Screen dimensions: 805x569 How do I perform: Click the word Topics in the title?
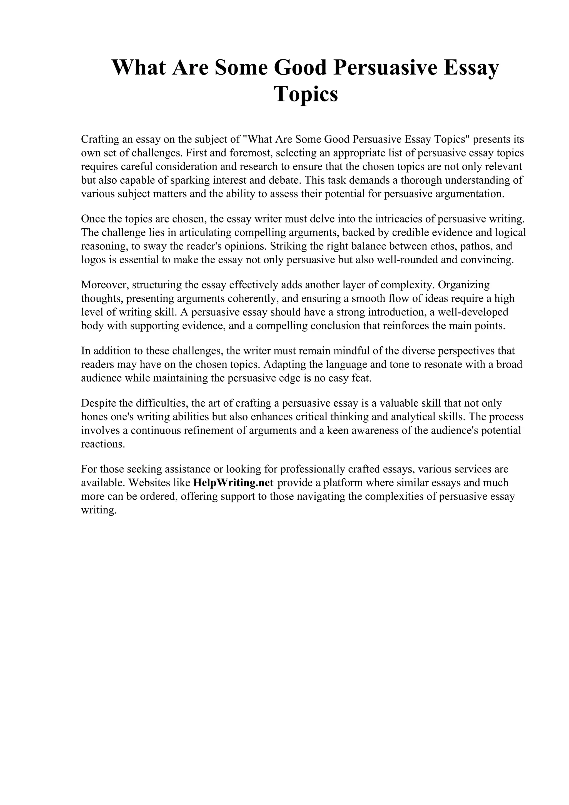coord(306,94)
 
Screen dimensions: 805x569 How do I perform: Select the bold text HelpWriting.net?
coord(233,483)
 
